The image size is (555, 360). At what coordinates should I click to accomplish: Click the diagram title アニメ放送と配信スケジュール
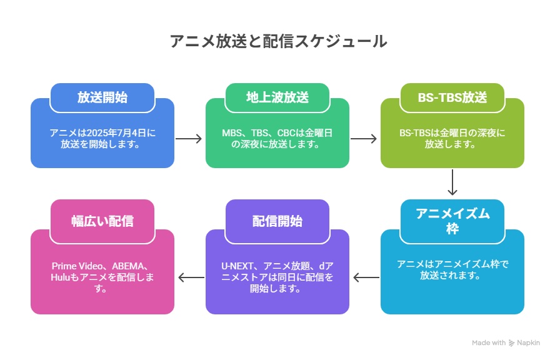(278, 41)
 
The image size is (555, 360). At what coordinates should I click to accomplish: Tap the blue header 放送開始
(102, 97)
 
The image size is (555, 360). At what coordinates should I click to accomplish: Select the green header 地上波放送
(277, 97)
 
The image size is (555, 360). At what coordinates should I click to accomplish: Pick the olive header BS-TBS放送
(452, 97)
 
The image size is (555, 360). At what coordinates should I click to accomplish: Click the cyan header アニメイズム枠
(452, 221)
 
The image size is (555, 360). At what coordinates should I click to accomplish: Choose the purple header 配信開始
(277, 221)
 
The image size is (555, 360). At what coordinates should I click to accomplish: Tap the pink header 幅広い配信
(102, 221)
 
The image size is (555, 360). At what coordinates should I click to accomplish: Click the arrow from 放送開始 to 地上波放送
(189, 138)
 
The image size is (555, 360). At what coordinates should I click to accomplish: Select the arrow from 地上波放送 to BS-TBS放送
(364, 138)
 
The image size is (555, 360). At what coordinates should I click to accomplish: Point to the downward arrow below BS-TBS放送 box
(452, 182)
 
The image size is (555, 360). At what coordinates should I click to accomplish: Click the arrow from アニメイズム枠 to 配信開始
(366, 277)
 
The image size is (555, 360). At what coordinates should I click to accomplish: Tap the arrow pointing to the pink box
(191, 277)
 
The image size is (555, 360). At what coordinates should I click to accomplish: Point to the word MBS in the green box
(230, 132)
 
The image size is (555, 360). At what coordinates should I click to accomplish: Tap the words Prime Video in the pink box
(77, 266)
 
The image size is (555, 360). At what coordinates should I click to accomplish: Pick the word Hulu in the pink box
(61, 277)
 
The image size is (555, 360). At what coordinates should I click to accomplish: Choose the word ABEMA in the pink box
(128, 266)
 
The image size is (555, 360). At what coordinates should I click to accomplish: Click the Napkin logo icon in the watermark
(511, 342)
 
